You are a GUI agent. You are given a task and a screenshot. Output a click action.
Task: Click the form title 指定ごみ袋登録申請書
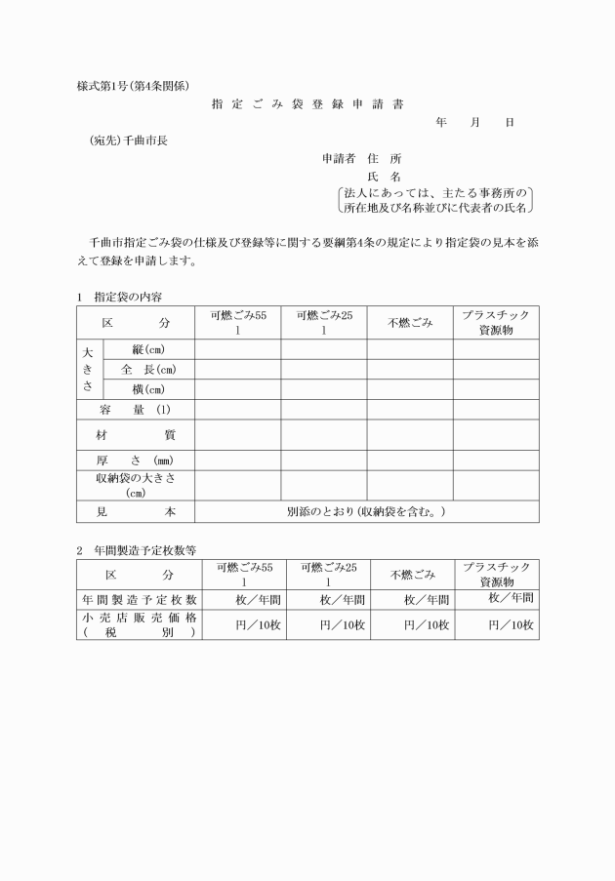[307, 102]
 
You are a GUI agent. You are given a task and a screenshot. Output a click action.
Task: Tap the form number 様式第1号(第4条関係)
[132, 85]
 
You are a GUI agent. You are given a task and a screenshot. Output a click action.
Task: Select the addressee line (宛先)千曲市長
[129, 140]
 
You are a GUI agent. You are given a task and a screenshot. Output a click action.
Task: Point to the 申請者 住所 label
[361, 158]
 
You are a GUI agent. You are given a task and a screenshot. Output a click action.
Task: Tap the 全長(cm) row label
[148, 370]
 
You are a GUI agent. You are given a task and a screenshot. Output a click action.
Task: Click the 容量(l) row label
[135, 410]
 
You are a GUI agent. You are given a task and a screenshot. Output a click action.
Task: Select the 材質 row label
[135, 434]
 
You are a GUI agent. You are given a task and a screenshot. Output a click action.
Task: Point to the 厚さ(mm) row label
[135, 460]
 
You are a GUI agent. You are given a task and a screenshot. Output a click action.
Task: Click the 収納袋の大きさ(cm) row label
[135, 485]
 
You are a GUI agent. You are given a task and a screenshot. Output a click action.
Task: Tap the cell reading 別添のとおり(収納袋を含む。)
[366, 511]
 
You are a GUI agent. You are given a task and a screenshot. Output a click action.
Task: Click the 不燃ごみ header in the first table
[410, 323]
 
